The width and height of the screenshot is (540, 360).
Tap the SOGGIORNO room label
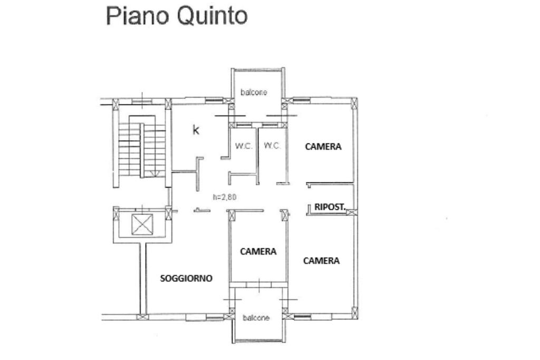tap(186, 278)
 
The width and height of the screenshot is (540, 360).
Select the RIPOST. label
tap(330, 207)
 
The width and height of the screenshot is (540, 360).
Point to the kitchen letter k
tap(196, 130)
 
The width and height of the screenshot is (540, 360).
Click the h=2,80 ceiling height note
tap(225, 197)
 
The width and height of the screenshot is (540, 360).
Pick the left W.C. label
tap(244, 146)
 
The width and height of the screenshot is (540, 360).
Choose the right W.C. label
tap(272, 145)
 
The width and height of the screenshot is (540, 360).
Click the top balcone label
tap(254, 92)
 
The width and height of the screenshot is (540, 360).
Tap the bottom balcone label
tap(256, 318)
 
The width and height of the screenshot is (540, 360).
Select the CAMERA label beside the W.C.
tap(323, 147)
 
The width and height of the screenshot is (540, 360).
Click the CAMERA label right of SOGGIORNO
tap(258, 251)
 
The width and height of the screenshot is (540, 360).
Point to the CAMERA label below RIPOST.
tap(321, 260)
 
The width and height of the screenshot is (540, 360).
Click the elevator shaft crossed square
tap(142, 225)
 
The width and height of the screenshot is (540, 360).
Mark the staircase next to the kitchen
tap(141, 147)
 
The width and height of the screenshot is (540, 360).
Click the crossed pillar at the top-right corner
tap(354, 104)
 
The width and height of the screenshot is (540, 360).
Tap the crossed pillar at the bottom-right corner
tap(354, 313)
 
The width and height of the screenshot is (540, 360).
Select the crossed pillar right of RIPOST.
tap(352, 212)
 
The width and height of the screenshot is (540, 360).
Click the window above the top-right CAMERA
tap(301, 100)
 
